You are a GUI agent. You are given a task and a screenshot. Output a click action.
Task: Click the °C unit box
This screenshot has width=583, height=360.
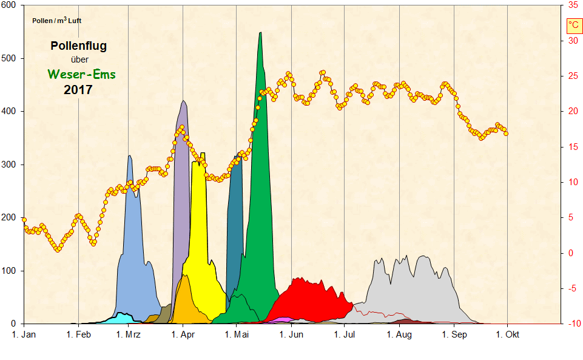click(x=574, y=25)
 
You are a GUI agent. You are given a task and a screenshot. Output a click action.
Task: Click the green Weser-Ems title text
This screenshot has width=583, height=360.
click(x=81, y=75)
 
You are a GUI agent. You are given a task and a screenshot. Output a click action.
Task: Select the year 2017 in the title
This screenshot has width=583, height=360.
click(x=78, y=90)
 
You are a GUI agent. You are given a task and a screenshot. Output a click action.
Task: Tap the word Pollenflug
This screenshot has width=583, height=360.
click(x=79, y=46)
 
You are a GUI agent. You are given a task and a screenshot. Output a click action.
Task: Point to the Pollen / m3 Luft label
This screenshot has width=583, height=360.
click(x=56, y=21)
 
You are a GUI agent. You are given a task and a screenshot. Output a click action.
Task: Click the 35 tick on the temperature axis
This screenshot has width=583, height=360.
click(x=573, y=5)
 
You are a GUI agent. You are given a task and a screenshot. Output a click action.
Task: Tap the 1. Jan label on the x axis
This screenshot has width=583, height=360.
click(x=24, y=335)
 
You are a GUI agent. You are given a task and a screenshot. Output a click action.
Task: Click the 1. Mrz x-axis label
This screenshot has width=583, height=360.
click(x=129, y=335)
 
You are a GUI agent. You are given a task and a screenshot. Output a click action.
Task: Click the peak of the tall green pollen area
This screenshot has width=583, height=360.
click(x=260, y=34)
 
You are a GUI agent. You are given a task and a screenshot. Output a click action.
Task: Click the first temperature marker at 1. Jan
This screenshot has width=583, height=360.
click(x=24, y=219)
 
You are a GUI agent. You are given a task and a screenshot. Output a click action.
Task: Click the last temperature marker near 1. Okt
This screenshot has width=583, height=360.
click(x=506, y=134)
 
